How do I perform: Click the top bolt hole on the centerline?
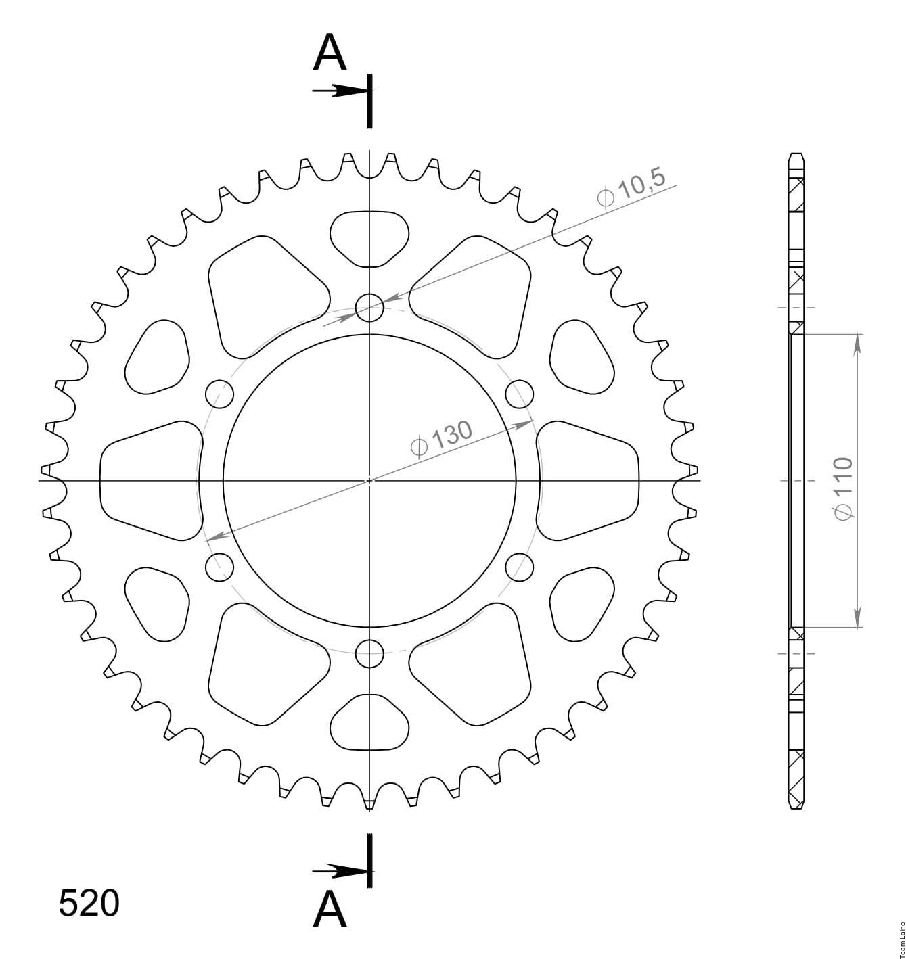[x=369, y=307]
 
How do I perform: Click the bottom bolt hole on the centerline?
[x=369, y=654]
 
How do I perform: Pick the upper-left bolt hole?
[x=219, y=394]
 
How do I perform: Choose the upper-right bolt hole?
[x=520, y=394]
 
